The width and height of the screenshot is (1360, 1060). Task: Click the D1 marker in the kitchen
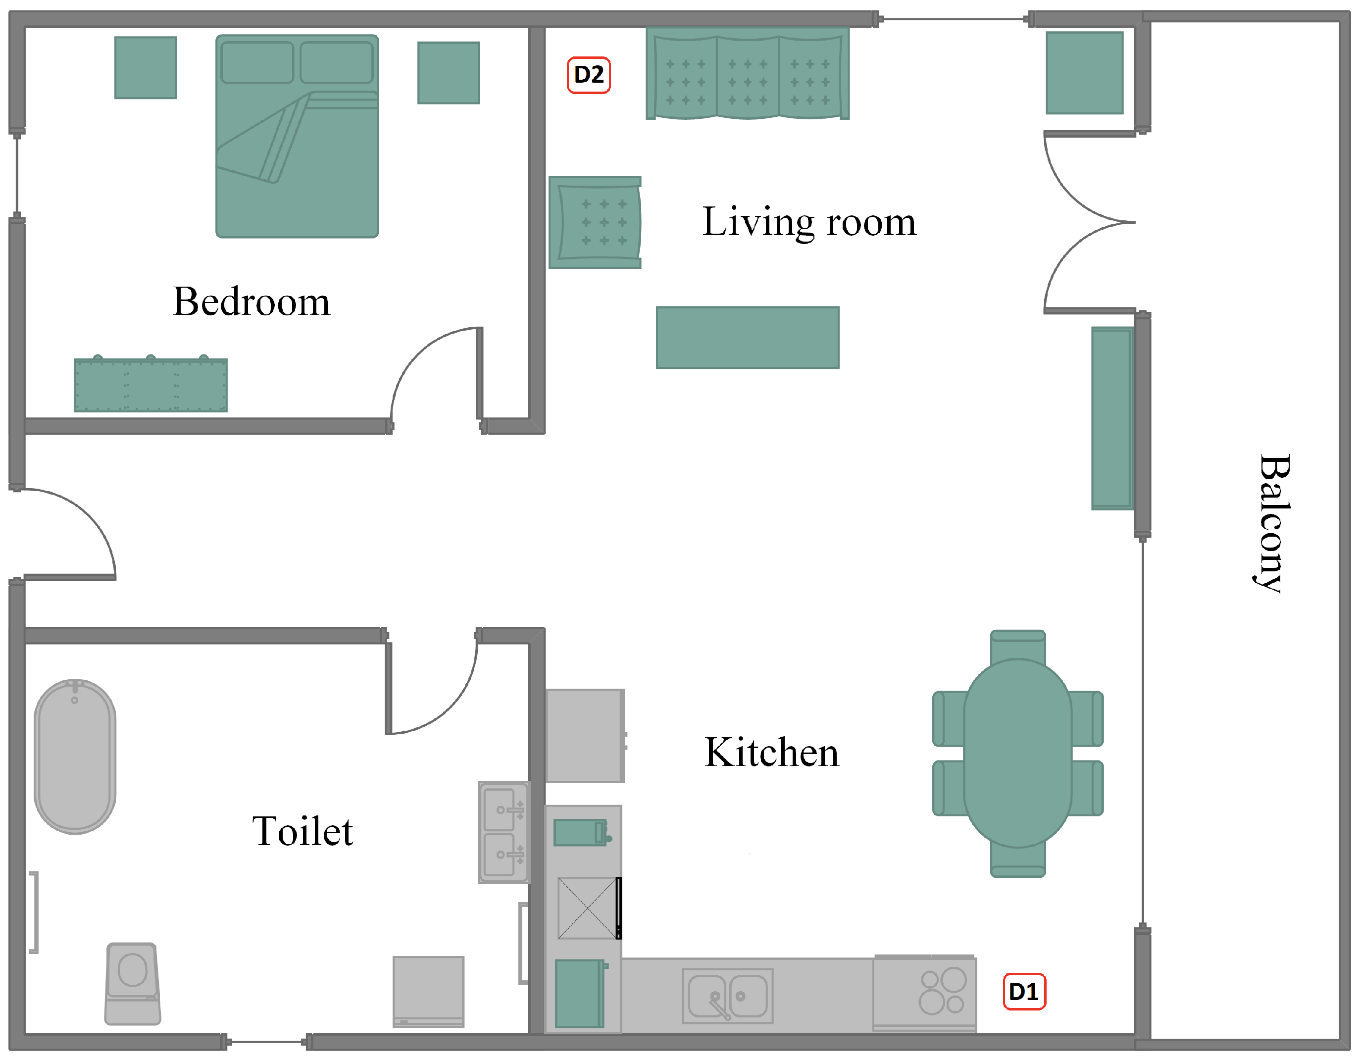coord(1024,992)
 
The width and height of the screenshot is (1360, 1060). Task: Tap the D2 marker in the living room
coord(589,75)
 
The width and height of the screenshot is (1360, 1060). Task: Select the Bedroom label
coord(251,302)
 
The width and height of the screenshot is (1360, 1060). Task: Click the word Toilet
coord(302,831)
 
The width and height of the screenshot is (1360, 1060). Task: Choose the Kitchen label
coord(771,753)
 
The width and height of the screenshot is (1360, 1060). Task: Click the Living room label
coord(809,222)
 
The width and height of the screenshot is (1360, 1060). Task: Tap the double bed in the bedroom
coord(297,136)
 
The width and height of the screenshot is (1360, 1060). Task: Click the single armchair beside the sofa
coord(595,222)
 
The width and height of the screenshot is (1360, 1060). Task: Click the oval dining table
coord(1018,754)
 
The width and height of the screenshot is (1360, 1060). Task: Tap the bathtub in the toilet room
coord(75,757)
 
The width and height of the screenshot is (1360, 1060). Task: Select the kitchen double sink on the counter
coord(728,996)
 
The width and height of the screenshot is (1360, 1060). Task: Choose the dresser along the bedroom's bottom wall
coord(151,384)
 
